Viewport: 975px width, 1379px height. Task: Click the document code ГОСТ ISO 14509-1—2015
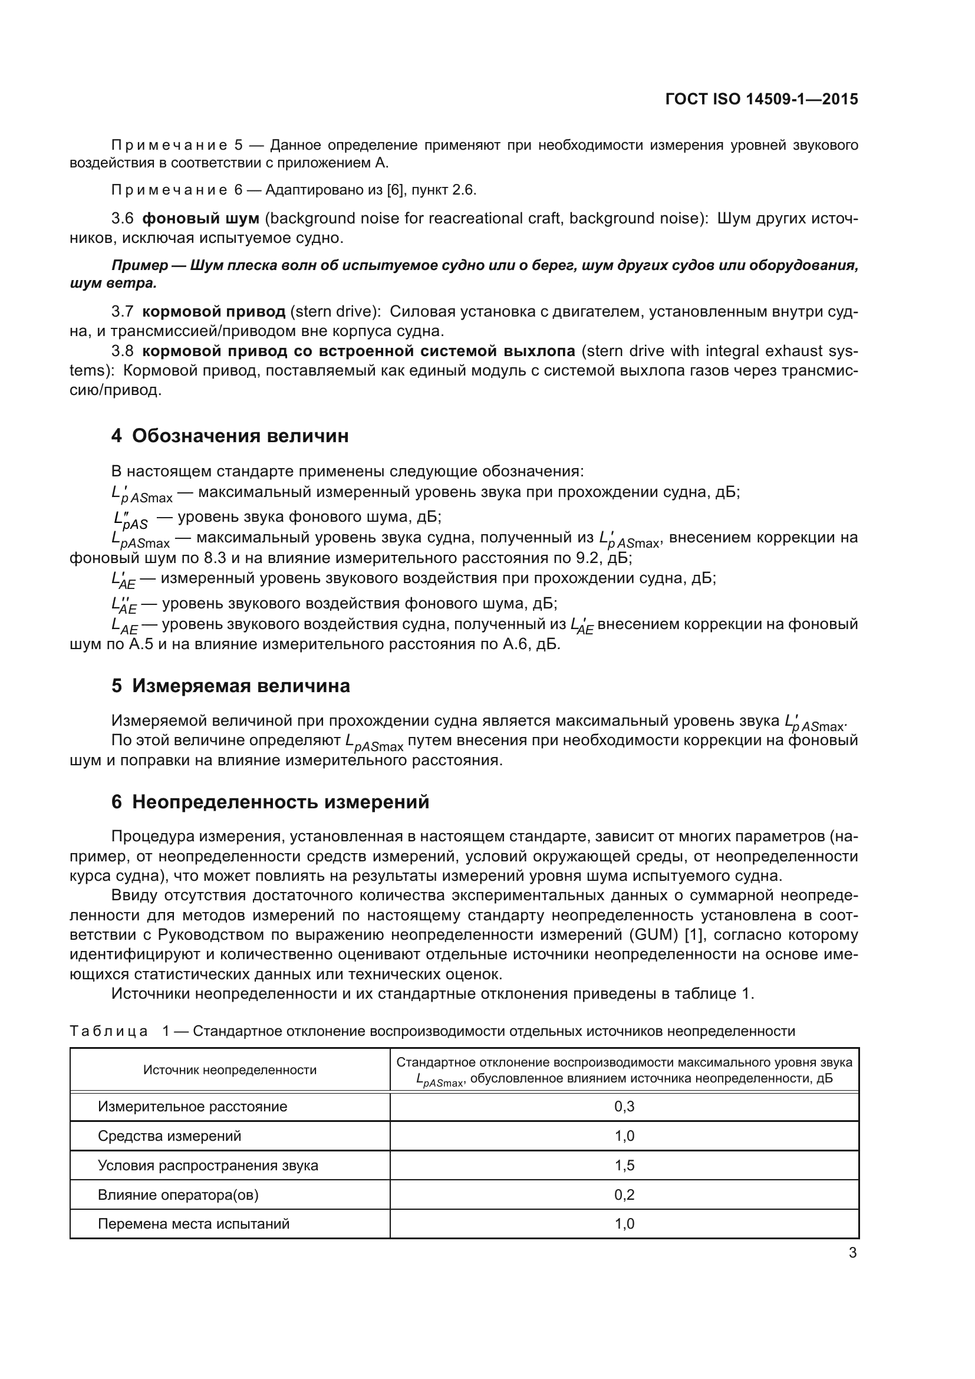[761, 99]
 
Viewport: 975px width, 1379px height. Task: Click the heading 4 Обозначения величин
[229, 436]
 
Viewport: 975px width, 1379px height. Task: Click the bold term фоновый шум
[200, 218]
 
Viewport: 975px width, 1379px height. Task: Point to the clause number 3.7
[123, 311]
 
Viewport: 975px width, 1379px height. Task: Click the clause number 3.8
[123, 350]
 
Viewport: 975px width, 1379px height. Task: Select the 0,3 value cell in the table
[624, 1106]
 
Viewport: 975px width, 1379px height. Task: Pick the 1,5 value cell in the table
[624, 1165]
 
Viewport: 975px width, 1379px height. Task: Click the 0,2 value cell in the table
[624, 1194]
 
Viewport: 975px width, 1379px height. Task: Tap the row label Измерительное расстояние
[192, 1106]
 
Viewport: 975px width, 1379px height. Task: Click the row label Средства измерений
[169, 1136]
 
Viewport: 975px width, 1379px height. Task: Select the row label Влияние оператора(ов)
[177, 1194]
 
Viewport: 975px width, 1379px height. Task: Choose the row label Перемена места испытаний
[193, 1224]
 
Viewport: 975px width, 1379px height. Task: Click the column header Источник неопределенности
[229, 1069]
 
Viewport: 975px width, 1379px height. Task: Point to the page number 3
[852, 1253]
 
